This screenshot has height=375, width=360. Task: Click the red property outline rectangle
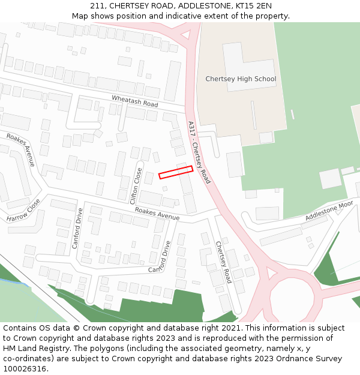click(x=176, y=172)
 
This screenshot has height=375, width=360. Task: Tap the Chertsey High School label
click(x=241, y=79)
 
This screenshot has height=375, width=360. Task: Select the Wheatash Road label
click(x=134, y=102)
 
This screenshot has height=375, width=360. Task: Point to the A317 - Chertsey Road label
click(x=199, y=152)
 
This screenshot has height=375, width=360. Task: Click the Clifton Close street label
click(x=137, y=185)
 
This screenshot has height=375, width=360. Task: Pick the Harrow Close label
click(x=23, y=211)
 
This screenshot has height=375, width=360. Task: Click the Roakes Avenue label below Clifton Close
click(x=157, y=213)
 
